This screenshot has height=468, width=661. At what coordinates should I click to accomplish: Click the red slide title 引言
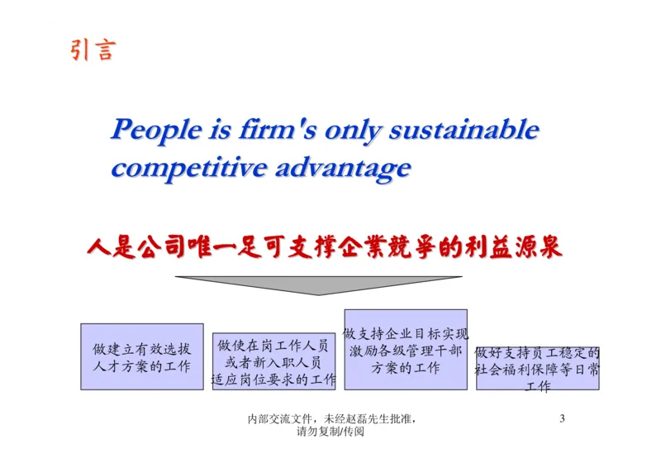pyautogui.click(x=92, y=50)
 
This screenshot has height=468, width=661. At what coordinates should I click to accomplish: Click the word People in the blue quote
pyautogui.click(x=156, y=130)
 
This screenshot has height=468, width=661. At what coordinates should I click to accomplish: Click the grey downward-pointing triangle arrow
pyautogui.click(x=317, y=284)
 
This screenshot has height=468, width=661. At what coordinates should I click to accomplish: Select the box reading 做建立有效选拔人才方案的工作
pyautogui.click(x=141, y=356)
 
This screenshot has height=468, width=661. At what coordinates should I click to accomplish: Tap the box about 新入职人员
pyautogui.click(x=273, y=362)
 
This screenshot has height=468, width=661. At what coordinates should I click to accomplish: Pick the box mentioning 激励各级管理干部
pyautogui.click(x=405, y=350)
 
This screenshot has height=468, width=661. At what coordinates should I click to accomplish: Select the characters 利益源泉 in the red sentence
pyautogui.click(x=512, y=247)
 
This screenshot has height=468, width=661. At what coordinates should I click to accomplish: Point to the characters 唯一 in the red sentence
pyautogui.click(x=211, y=247)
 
